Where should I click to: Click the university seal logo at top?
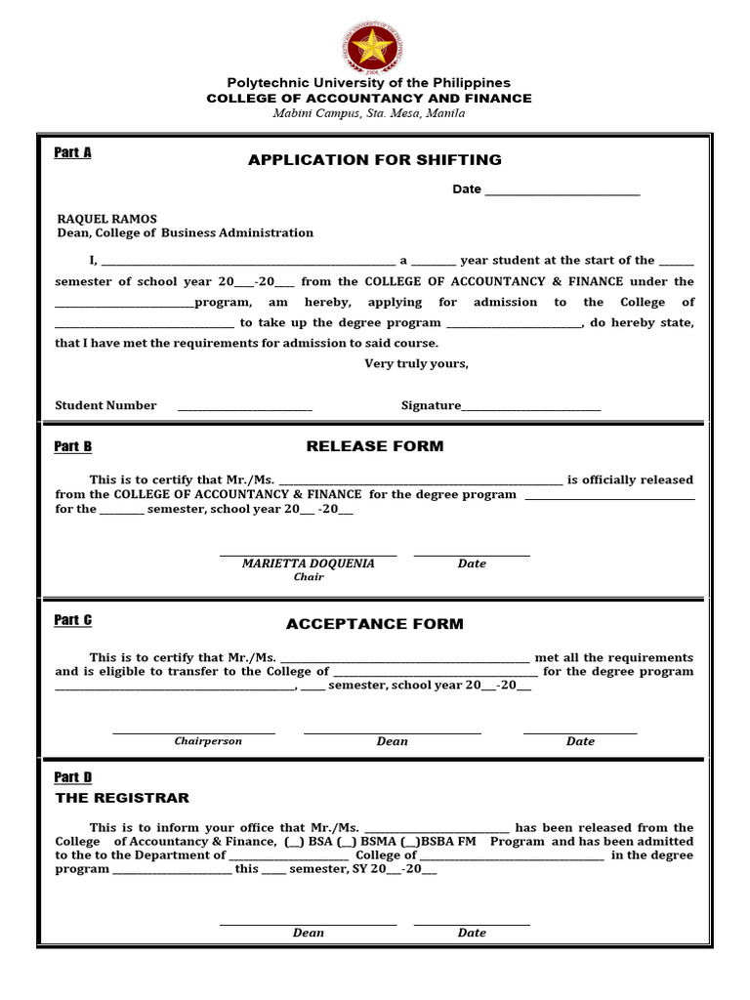coord(374,47)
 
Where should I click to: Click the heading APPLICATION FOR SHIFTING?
coord(374,159)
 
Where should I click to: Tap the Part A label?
coord(72,152)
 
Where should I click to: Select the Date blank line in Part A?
coord(562,190)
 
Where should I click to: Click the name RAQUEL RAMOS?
coord(106,219)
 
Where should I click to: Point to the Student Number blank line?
coord(245,406)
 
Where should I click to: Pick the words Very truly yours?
coord(416,364)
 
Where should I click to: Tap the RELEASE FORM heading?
coord(374,446)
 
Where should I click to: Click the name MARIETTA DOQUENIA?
coord(308,563)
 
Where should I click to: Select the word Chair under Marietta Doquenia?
coord(308,577)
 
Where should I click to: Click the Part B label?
coord(72,446)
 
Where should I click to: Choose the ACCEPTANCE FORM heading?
coord(374,624)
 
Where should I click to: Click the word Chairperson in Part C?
coord(208,741)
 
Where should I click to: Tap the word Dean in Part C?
coord(392,741)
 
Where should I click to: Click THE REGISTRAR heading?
coord(122,798)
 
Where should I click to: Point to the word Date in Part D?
coord(472,933)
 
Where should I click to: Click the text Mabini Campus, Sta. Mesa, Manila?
coord(368,113)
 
